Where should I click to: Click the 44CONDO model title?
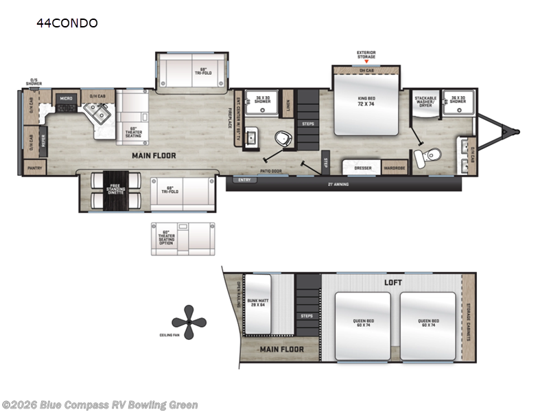[x=67, y=23]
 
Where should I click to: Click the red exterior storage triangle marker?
[x=366, y=62]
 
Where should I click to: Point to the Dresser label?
[x=363, y=167]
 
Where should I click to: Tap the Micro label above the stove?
[x=67, y=98]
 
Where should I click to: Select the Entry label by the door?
[x=244, y=180]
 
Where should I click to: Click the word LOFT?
[x=393, y=282]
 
